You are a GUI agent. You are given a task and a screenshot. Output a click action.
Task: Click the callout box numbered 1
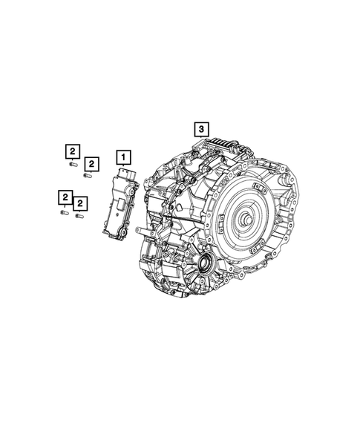coord(123,157)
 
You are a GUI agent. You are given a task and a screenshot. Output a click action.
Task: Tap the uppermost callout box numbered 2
coord(71,151)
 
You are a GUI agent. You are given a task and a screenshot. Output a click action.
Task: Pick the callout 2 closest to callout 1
coord(91,163)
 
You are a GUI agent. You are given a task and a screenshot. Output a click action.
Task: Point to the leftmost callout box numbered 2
coord(65,197)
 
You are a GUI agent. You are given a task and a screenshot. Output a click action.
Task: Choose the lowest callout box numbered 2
coord(79,203)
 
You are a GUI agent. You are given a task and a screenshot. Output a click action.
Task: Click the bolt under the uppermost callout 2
coord(73,164)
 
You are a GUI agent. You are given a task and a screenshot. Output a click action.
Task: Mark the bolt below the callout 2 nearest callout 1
coord(88,176)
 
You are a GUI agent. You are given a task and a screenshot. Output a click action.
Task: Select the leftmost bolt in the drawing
coord(64,212)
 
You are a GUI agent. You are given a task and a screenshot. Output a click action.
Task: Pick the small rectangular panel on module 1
coord(118,203)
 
